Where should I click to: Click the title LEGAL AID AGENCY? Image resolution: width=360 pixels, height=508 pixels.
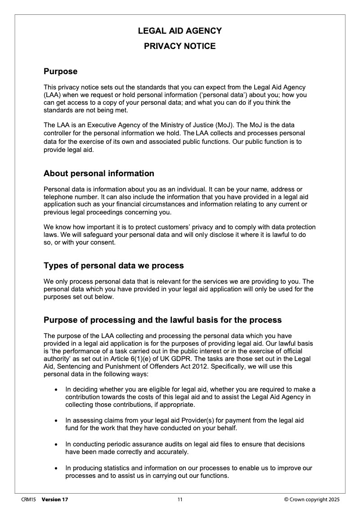point(180,31)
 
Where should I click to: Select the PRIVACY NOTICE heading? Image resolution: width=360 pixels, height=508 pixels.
point(180,46)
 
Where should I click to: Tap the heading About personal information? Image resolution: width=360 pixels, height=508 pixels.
point(99,174)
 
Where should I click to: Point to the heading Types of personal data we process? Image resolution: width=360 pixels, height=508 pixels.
point(113,266)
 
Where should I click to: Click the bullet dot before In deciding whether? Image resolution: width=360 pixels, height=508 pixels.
point(55,389)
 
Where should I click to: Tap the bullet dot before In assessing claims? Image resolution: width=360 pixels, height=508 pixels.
point(55,421)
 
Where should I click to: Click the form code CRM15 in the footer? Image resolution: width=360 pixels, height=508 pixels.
point(28,499)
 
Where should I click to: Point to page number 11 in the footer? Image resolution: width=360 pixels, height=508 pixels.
point(180,499)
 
